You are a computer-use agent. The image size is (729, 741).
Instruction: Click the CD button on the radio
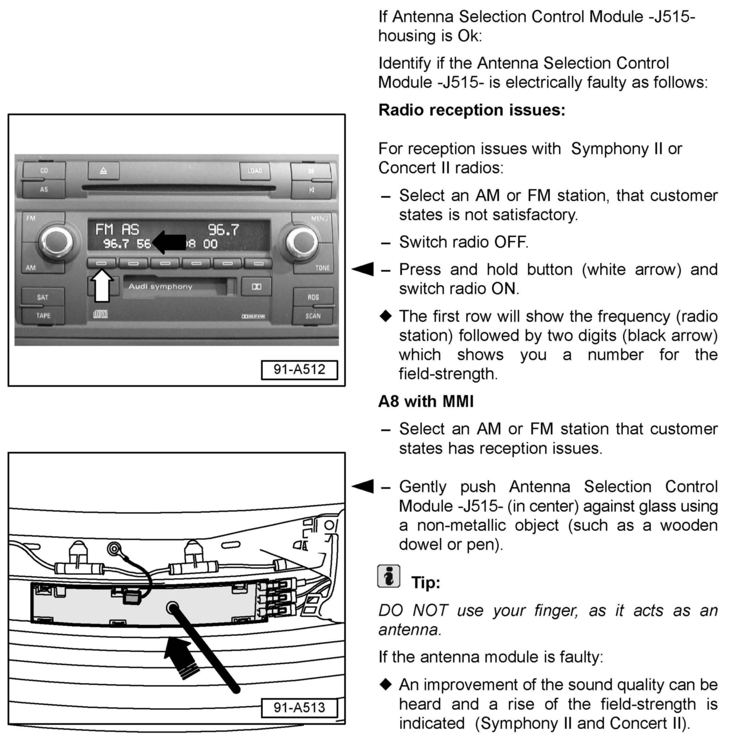[44, 171]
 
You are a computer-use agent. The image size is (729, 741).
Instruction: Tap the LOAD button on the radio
[255, 171]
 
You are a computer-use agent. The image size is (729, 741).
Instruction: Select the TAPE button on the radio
[43, 316]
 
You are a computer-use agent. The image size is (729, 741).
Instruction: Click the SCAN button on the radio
[313, 316]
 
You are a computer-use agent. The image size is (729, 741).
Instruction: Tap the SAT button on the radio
[43, 297]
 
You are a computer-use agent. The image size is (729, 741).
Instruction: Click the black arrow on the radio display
[169, 242]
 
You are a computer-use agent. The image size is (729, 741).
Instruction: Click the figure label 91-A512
[299, 370]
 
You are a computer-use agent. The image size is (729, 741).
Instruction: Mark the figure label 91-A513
[299, 707]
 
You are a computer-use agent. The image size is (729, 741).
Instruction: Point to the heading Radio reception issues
[472, 110]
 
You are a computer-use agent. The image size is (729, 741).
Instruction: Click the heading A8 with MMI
[426, 401]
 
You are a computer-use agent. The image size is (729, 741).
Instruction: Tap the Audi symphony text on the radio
[160, 286]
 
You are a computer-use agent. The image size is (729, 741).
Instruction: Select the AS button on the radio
[44, 189]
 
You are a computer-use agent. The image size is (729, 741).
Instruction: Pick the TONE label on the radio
[322, 268]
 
